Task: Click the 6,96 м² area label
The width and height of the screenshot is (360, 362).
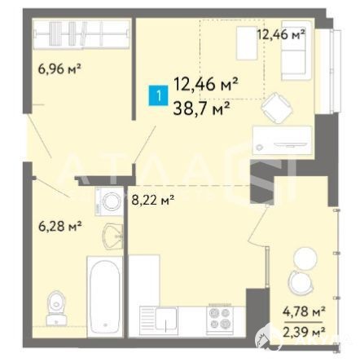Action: pyautogui.click(x=59, y=68)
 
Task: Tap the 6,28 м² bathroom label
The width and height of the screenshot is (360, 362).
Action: pyautogui.click(x=60, y=226)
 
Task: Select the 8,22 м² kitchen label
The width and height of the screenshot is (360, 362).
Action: pyautogui.click(x=152, y=201)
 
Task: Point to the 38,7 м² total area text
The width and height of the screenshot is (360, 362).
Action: pyautogui.click(x=202, y=109)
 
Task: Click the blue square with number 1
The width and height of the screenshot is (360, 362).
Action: pyautogui.click(x=158, y=96)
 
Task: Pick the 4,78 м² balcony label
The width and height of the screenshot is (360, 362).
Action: pyautogui.click(x=304, y=311)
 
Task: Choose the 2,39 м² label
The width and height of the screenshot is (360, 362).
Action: pyautogui.click(x=304, y=331)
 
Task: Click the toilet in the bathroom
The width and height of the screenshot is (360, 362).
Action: pyautogui.click(x=56, y=308)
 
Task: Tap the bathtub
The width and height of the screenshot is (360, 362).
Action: pyautogui.click(x=104, y=295)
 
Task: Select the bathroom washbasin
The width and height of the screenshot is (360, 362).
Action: pyautogui.click(x=113, y=236)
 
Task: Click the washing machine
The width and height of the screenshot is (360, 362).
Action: pyautogui.click(x=109, y=201)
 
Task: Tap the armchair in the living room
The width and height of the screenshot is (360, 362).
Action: pyautogui.click(x=277, y=108)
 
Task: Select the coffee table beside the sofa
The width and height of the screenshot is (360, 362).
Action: pyautogui.click(x=247, y=43)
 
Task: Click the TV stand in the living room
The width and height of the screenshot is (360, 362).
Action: pyautogui.click(x=282, y=141)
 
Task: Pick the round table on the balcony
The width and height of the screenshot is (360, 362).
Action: pyautogui.click(x=305, y=258)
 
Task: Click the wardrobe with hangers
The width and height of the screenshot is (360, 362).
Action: pyautogui.click(x=81, y=34)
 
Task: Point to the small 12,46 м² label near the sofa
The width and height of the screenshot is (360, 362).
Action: pyautogui.click(x=281, y=34)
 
